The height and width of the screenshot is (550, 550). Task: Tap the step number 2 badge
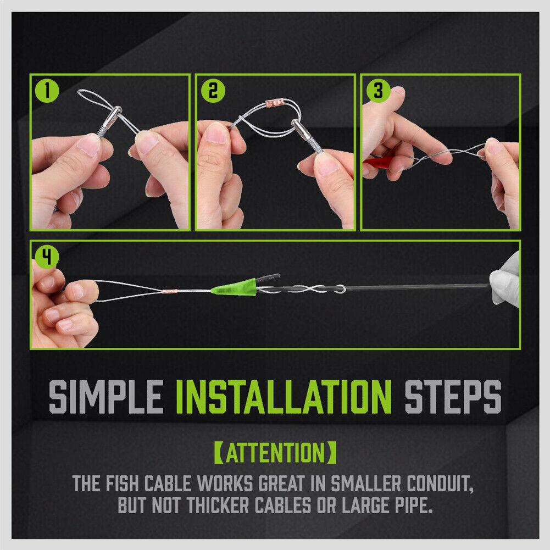[213, 91]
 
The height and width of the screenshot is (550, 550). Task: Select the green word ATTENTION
[275, 453]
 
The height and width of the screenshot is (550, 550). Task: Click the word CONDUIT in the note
[440, 484]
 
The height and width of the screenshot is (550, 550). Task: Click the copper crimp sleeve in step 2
[274, 103]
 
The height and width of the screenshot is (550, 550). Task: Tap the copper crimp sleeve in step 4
[170, 291]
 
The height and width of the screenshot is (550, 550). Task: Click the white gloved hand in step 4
[506, 280]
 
